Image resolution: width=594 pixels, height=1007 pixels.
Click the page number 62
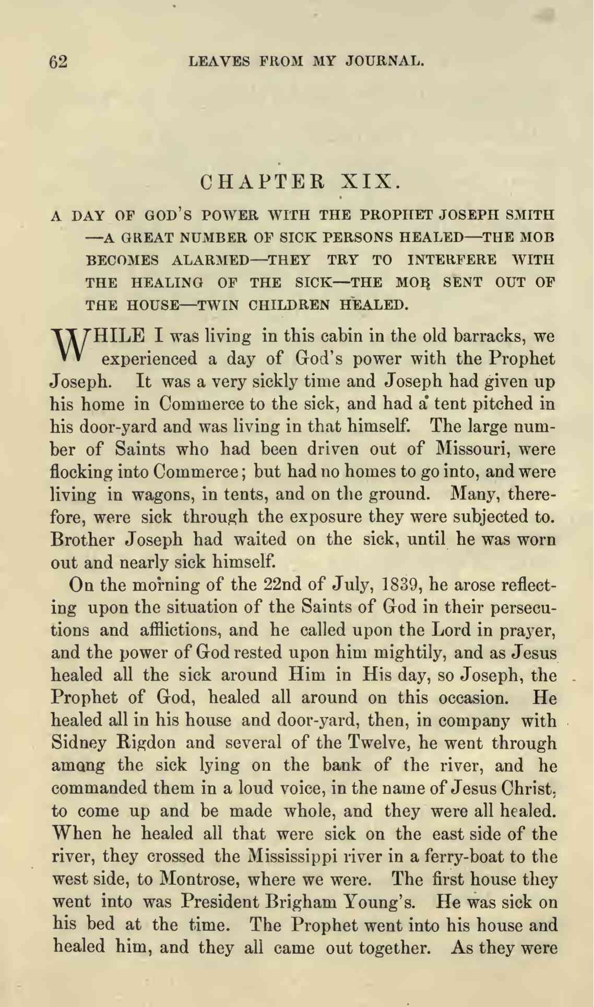click(x=58, y=62)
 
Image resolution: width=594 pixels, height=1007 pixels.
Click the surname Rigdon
click(x=149, y=743)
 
